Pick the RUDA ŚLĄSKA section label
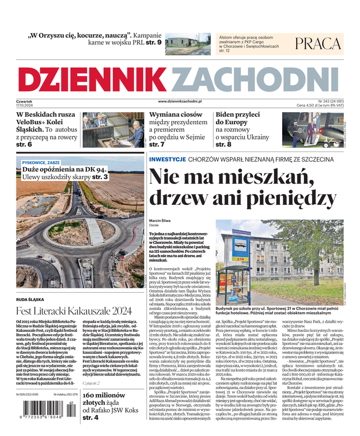pyautogui.click(x=30, y=299)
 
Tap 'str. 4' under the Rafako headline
pyautogui.click(x=90, y=417)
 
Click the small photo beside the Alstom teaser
pyautogui.click(x=187, y=44)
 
